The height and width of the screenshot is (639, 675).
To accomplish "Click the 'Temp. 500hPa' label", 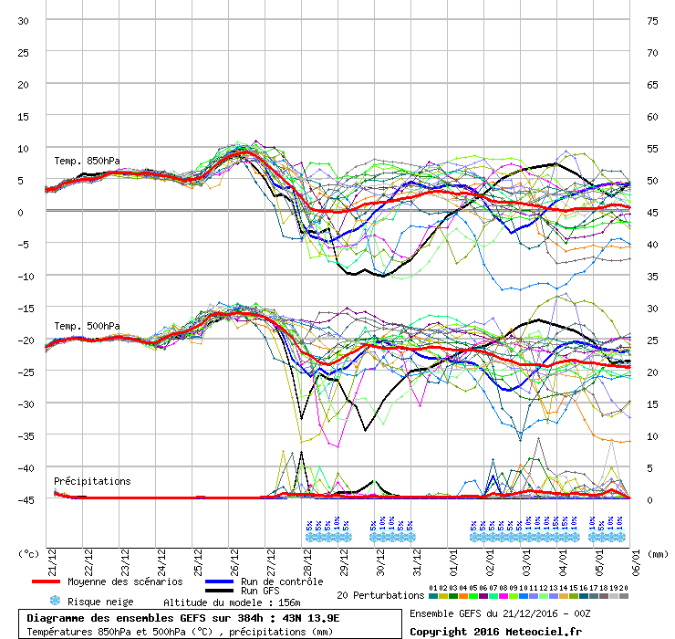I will (87, 326).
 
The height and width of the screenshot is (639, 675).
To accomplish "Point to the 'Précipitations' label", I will (92, 481).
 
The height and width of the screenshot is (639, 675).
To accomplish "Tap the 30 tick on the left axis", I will (23, 20).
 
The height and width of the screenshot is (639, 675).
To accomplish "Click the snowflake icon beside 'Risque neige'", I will (54, 601).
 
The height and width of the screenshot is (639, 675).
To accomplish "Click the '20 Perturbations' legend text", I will (379, 595).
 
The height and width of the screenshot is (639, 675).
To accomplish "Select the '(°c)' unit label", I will (29, 553).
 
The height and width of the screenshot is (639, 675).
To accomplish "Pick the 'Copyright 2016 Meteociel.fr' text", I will (495, 631).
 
